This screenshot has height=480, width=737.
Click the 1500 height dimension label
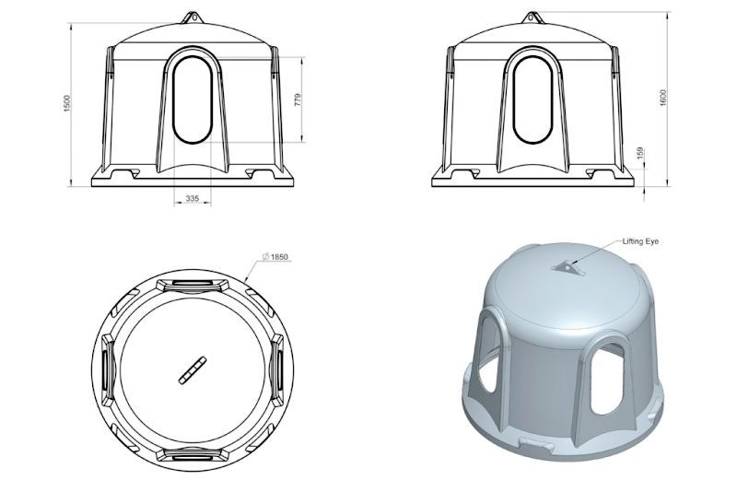(x=66, y=103)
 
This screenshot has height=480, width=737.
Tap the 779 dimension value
(x=298, y=100)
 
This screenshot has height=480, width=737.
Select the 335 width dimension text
(x=193, y=198)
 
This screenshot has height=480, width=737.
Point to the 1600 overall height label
(x=662, y=98)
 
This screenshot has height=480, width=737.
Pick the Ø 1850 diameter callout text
(x=275, y=257)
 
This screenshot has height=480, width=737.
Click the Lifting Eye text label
(x=640, y=241)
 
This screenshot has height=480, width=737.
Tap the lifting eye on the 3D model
(x=567, y=266)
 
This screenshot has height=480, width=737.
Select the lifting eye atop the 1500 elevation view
(x=193, y=18)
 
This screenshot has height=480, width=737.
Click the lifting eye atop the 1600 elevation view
(x=532, y=18)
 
